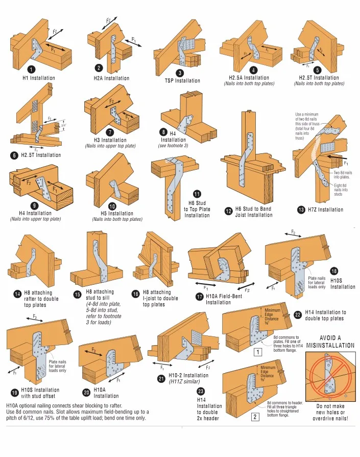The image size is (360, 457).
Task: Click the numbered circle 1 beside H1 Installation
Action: point(32,70)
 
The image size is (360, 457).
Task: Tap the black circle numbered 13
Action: point(301,209)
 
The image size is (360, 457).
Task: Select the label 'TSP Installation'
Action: point(182,81)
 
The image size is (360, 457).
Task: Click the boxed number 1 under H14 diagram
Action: point(258,352)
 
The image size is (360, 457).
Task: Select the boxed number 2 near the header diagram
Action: point(254,417)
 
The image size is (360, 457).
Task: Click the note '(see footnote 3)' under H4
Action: point(173,146)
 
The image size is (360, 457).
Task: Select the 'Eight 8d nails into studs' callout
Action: point(342,190)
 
